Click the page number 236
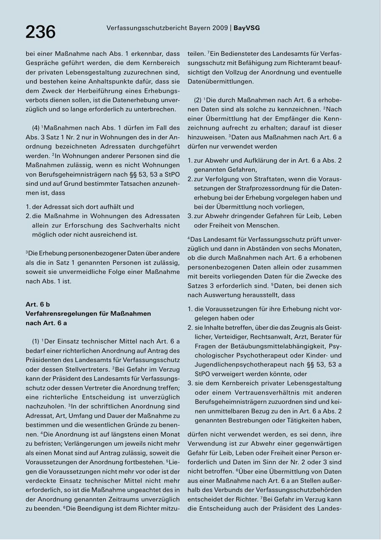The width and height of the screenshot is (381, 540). (x=41, y=32)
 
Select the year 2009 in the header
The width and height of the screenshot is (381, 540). (x=220, y=28)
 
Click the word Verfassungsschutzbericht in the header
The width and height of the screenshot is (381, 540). (x=142, y=28)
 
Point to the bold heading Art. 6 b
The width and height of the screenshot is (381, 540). (x=38, y=304)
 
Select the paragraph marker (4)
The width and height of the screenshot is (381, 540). (x=36, y=128)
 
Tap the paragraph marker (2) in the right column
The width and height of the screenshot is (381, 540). (x=198, y=100)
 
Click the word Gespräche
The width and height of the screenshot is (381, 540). (x=40, y=63)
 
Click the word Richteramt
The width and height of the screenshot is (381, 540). (x=290, y=63)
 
